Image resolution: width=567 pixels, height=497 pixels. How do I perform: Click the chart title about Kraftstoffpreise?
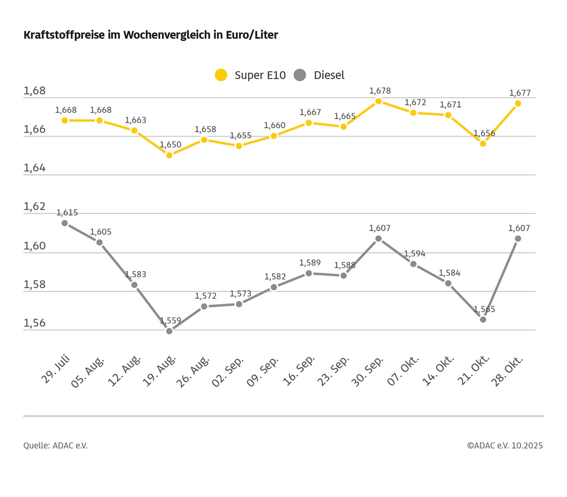point(151,35)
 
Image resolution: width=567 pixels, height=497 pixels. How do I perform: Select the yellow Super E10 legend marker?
point(221,75)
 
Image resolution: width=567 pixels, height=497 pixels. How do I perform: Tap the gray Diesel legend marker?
point(300,75)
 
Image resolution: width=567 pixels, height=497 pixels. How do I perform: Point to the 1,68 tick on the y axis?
point(34,91)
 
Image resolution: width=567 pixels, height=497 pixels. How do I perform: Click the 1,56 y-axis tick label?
point(34,323)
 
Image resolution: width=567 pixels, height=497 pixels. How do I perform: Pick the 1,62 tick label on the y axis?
point(34,207)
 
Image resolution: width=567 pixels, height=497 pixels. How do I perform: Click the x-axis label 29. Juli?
point(56,371)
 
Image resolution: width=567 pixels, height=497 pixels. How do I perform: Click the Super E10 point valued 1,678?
point(378,101)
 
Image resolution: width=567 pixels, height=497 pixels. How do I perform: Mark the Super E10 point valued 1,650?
point(169,155)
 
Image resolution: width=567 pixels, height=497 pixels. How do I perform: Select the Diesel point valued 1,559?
point(169,331)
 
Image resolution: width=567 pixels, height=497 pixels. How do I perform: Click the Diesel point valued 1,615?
point(65,223)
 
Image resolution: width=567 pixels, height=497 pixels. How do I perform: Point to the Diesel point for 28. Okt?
point(518,238)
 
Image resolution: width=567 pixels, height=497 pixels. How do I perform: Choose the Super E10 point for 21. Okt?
point(483,143)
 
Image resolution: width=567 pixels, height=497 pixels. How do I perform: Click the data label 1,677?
point(520,93)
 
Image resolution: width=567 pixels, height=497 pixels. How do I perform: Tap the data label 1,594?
point(415,253)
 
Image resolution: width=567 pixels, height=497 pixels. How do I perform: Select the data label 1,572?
point(206,296)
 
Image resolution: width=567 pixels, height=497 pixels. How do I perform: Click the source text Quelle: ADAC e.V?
point(55,446)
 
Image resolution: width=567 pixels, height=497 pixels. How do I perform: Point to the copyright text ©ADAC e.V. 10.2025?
point(505,446)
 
